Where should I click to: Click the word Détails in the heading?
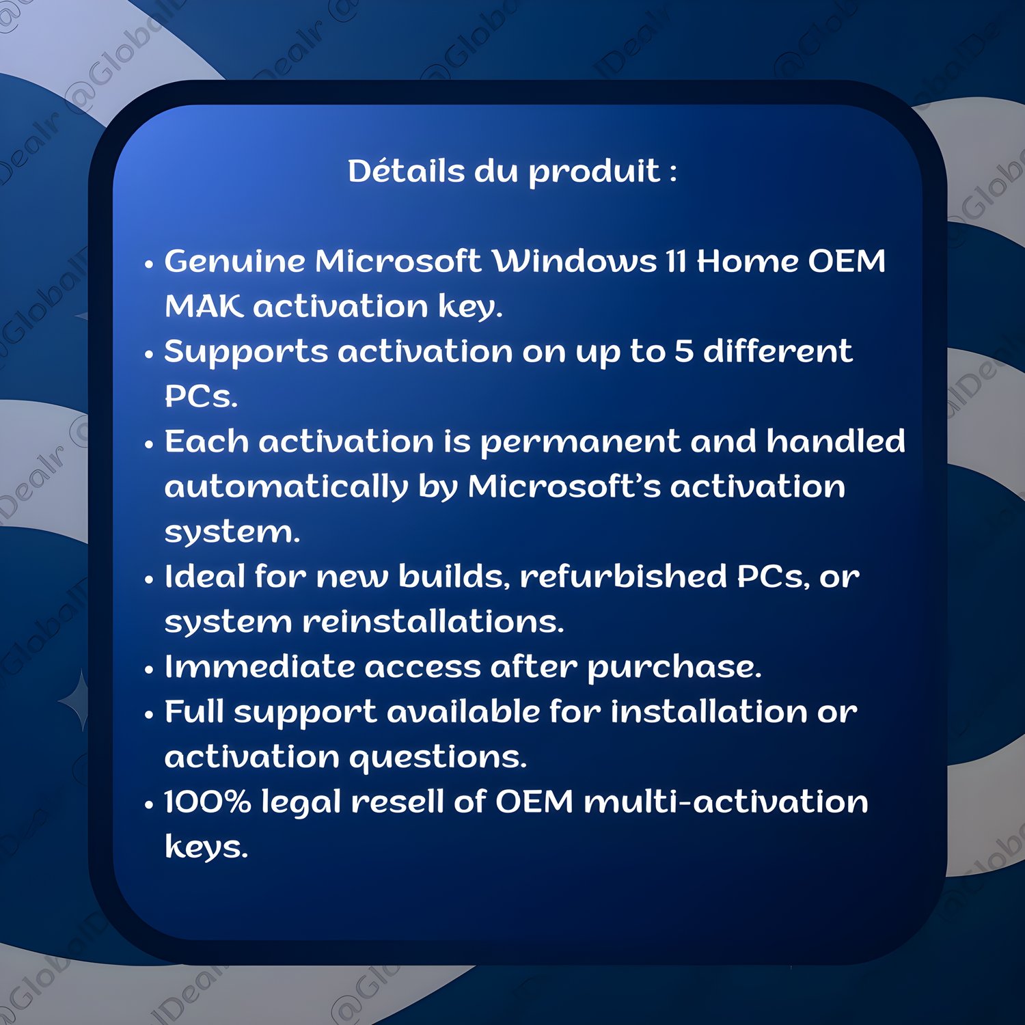[x=407, y=171]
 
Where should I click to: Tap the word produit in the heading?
[x=594, y=173]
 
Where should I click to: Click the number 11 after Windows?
[x=676, y=261]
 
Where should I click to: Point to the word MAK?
[x=204, y=306]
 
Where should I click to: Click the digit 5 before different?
[x=684, y=351]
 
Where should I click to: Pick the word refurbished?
[x=623, y=576]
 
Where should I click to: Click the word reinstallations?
[x=433, y=622]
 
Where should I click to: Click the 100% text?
[x=208, y=802]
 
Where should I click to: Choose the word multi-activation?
[x=726, y=802]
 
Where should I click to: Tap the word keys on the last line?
[x=206, y=848]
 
